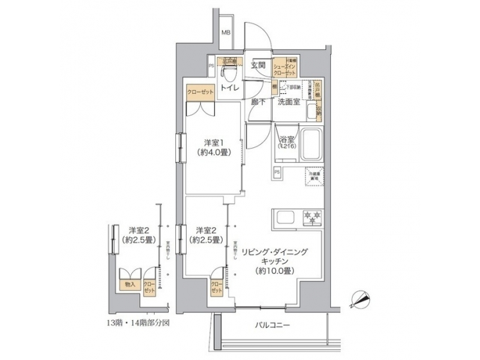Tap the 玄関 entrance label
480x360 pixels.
pos(259,65)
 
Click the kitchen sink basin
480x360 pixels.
pos(283,217)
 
